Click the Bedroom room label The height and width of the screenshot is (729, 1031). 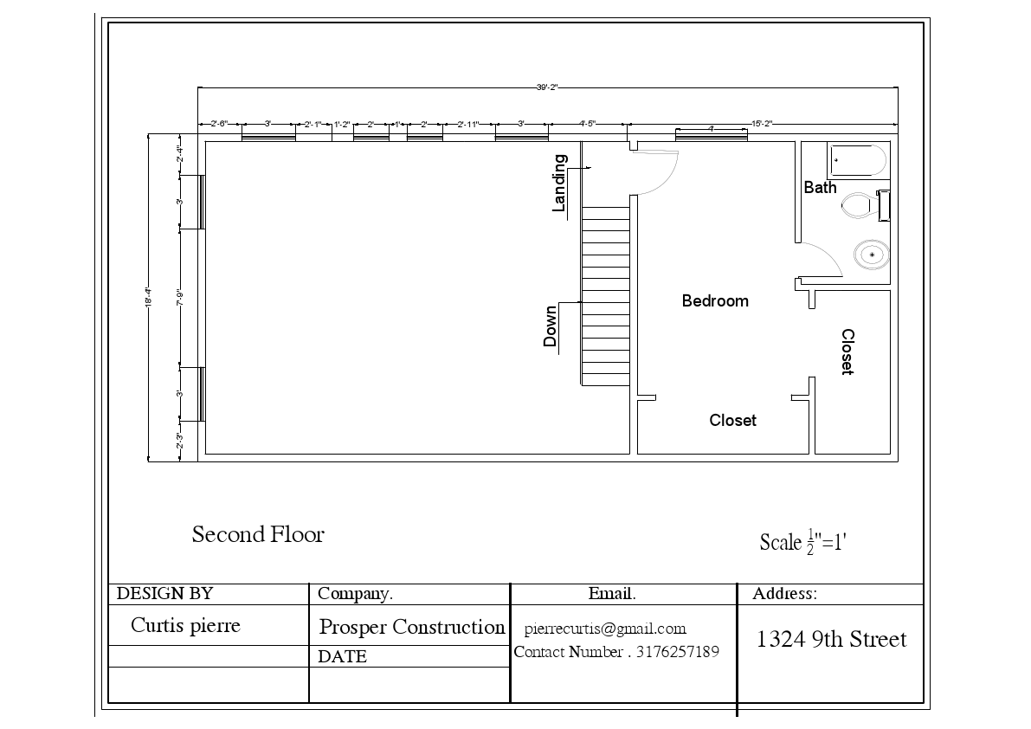click(715, 301)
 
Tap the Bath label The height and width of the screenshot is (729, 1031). click(820, 187)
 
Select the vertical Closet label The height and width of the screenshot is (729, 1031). click(847, 352)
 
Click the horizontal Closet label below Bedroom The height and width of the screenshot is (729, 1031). click(732, 421)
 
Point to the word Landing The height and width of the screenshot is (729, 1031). click(559, 183)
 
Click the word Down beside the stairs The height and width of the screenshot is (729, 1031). click(551, 327)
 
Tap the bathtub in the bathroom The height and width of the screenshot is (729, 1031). click(857, 160)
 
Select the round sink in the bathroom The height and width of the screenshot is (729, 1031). click(871, 255)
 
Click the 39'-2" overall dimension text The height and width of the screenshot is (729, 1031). click(547, 87)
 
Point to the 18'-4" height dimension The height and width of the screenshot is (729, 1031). click(148, 298)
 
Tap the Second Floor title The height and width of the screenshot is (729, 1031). click(258, 534)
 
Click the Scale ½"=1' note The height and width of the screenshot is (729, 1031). click(802, 541)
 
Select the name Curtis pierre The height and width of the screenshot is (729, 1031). click(185, 625)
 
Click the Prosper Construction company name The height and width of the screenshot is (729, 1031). click(412, 627)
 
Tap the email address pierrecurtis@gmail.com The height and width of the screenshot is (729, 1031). click(605, 629)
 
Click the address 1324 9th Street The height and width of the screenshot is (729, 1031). click(831, 640)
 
